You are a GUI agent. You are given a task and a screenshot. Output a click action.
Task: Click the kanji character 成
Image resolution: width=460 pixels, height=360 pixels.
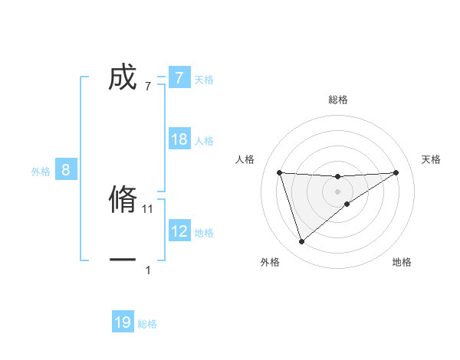point(123,78)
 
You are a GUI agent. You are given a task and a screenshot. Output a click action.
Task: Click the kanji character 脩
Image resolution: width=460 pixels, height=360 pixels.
point(123,200)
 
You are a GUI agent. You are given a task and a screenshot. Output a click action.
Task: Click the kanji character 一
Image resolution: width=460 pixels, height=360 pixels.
point(123,260)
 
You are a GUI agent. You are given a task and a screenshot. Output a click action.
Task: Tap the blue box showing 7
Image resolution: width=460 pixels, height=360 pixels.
point(179,78)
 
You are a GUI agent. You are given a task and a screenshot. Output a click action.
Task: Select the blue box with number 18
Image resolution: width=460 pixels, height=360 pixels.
point(179,139)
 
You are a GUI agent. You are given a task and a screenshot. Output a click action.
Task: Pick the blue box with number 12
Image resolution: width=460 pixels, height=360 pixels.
point(179,231)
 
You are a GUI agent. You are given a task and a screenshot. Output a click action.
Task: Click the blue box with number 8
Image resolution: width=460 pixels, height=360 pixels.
point(66,170)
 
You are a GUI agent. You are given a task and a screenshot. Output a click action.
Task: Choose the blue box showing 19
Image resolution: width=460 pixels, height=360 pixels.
point(123,322)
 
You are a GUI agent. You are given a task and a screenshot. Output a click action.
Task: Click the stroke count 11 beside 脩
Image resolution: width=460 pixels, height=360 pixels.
point(148,208)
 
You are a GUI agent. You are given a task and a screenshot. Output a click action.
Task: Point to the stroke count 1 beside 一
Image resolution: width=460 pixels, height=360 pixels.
point(148,270)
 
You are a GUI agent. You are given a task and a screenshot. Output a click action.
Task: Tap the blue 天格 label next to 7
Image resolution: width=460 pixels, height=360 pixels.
point(204,79)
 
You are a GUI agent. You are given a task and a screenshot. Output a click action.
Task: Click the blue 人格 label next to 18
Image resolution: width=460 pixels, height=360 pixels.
point(204,140)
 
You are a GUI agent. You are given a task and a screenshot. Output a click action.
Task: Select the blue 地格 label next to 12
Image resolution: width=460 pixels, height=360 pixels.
point(204,232)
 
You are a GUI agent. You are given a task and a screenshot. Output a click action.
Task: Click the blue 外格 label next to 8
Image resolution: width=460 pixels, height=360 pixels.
point(41,172)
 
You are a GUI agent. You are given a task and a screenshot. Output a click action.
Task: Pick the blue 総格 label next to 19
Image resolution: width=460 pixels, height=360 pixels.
point(147,324)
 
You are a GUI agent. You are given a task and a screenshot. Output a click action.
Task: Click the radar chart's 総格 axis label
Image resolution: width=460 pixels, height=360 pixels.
point(338,100)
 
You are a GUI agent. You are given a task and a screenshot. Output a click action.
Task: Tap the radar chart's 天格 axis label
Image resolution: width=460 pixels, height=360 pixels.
point(432,159)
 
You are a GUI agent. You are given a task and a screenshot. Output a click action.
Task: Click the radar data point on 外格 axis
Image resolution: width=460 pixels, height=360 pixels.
point(301,242)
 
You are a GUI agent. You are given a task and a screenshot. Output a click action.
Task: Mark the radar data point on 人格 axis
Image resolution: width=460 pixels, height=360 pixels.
point(279,172)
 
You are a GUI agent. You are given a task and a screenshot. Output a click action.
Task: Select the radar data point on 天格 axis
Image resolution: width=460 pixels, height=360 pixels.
point(396,172)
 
